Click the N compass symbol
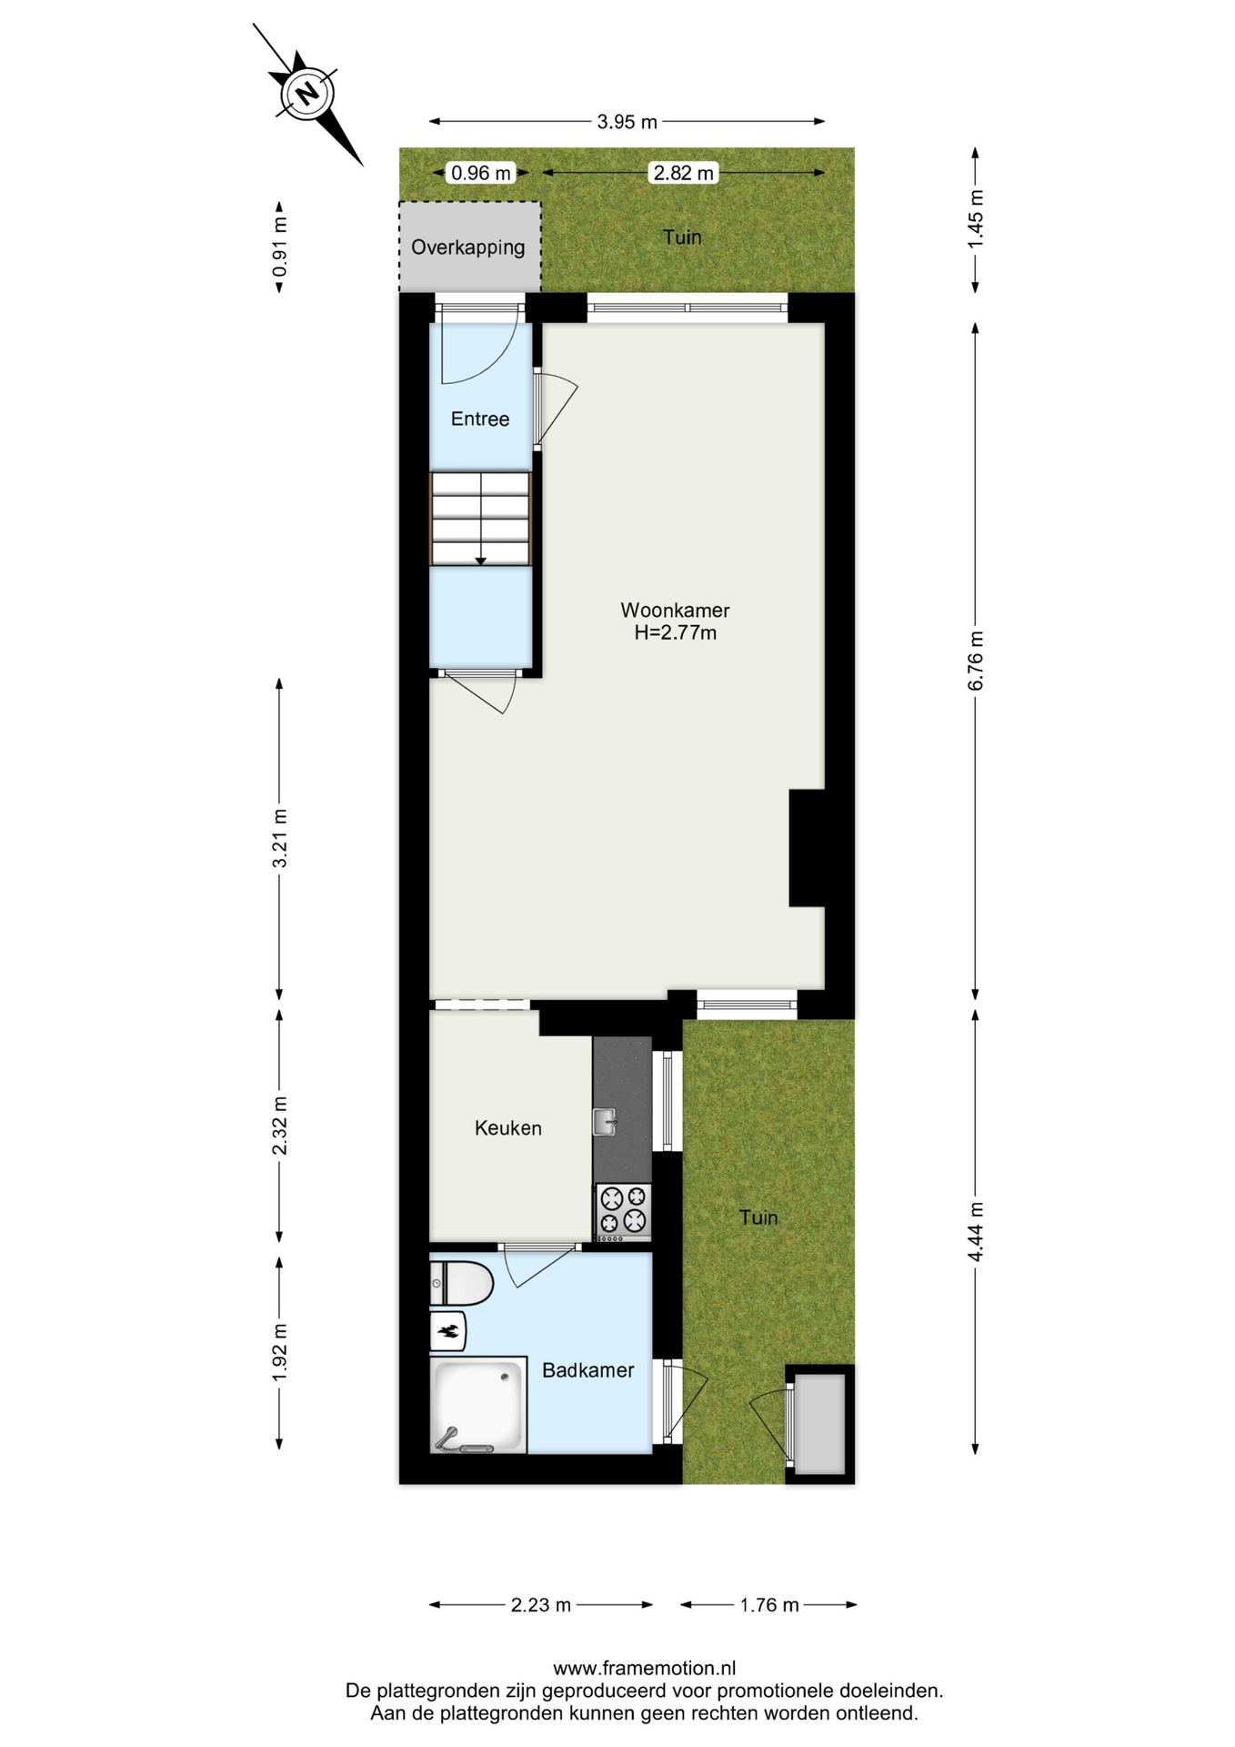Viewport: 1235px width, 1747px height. coord(306,93)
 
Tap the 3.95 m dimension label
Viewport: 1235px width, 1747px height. coord(627,122)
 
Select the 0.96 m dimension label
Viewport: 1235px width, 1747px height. coord(481,172)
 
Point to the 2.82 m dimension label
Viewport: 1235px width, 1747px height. coord(683,172)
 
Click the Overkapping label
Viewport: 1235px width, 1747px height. coord(468,247)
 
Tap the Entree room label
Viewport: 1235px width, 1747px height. coord(480,419)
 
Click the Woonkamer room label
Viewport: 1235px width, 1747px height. coord(675,611)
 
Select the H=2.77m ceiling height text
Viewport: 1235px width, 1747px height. coord(676,633)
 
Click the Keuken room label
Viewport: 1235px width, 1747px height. coord(508,1128)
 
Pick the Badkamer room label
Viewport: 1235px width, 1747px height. coord(587,1369)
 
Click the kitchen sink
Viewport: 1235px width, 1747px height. coord(605,1121)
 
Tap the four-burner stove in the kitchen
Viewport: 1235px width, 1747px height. coord(623,1212)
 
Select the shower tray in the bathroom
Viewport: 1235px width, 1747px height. coord(478,1405)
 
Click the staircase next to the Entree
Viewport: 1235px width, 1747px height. coord(480,519)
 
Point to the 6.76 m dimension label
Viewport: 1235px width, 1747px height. coord(976,661)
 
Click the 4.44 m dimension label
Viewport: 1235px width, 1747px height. coord(976,1232)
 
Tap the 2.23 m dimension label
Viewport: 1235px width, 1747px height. coord(541,1605)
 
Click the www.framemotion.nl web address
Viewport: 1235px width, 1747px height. coord(644,1668)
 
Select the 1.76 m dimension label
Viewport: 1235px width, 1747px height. coord(769,1605)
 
